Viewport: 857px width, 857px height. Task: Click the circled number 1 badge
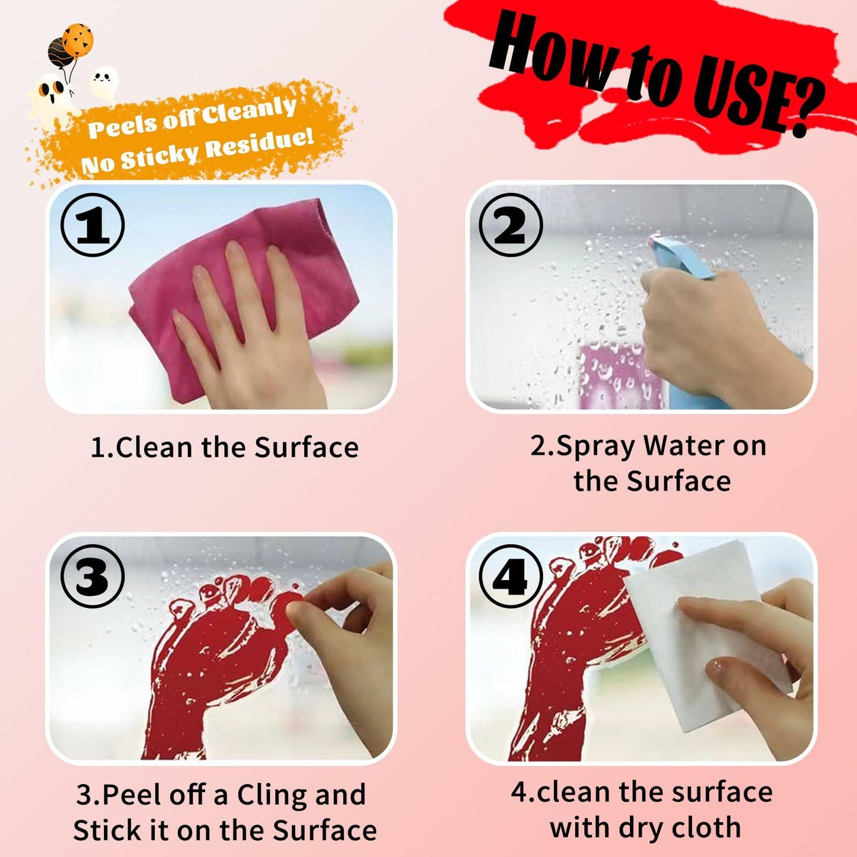coord(93,225)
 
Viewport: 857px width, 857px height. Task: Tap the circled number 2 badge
coord(510,225)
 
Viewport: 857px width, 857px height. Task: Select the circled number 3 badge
coord(93,576)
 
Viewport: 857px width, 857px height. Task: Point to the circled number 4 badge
coord(510,576)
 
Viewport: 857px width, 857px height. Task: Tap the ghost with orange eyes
coord(52,95)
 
